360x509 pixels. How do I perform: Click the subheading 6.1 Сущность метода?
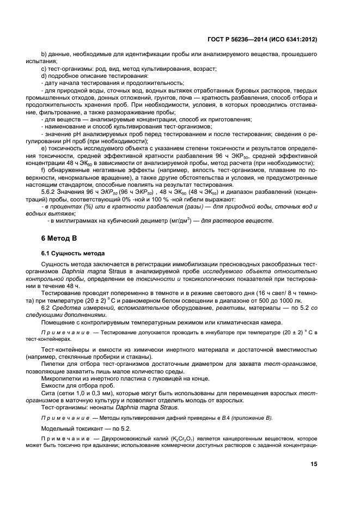tap(72, 254)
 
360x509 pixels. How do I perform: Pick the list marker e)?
tap(45, 148)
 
